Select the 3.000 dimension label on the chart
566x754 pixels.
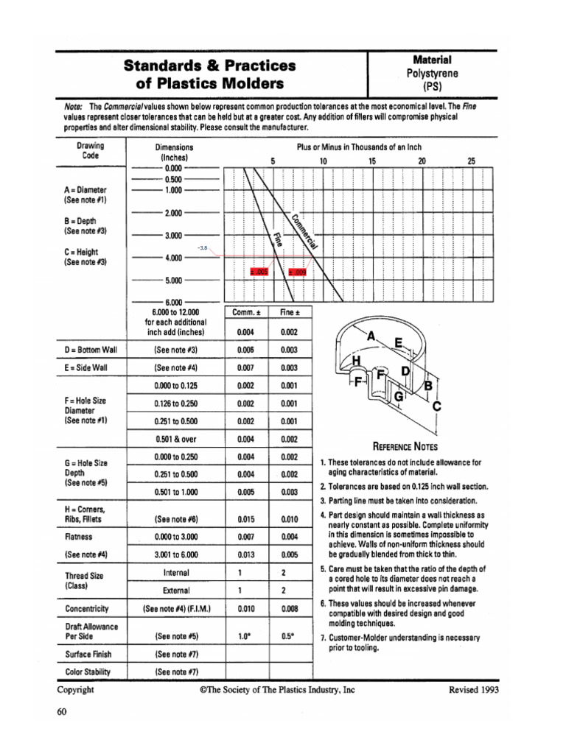173,236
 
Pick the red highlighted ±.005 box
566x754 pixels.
261,272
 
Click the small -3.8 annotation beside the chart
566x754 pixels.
204,248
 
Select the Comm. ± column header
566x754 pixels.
245,313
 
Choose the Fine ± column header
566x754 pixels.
289,313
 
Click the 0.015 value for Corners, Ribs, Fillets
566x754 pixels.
245,519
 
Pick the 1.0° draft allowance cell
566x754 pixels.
245,635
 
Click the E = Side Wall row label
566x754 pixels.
86,367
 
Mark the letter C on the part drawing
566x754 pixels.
436,406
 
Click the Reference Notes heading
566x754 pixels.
405,446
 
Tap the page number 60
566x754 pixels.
62,711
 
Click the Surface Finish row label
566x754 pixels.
88,653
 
